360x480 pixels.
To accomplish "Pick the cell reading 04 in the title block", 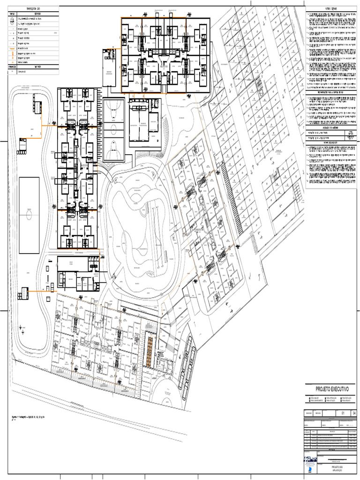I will [x=354, y=412].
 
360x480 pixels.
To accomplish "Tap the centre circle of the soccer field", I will [x=29, y=215].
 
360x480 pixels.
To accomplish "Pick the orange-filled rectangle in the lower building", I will [x=149, y=352].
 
